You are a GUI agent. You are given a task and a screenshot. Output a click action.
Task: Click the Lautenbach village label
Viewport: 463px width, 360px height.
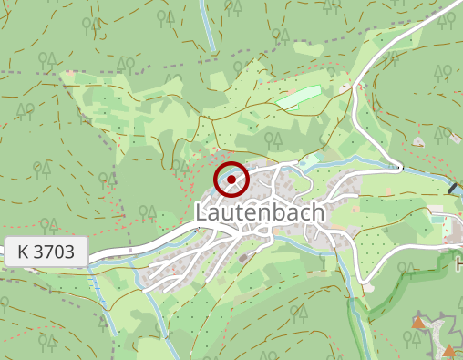click(x=260, y=212)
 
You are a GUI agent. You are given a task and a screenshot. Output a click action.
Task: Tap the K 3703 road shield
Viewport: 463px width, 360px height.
click(x=46, y=252)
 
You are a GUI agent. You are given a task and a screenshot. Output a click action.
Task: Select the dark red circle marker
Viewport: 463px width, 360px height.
click(x=231, y=180)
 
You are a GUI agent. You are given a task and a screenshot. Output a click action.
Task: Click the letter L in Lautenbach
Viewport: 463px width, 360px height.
click(x=201, y=212)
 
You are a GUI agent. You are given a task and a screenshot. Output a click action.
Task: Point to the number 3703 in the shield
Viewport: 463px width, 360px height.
click(x=54, y=252)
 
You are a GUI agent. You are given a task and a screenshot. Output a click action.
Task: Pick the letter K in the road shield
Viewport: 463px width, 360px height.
click(x=23, y=252)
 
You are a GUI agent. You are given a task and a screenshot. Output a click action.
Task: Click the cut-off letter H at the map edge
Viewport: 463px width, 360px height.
click(x=458, y=265)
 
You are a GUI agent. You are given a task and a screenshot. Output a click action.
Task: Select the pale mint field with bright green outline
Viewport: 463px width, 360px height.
click(x=300, y=97)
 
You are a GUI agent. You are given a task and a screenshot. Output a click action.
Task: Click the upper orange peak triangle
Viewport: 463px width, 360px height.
click(x=418, y=322)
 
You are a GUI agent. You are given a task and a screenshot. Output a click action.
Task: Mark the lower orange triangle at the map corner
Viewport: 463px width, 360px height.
click(x=448, y=351)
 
